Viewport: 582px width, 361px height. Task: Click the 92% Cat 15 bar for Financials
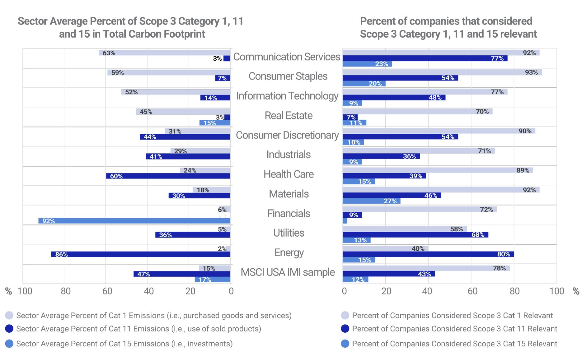tap(134, 221)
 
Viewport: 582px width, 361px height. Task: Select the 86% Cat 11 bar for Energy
tap(141, 254)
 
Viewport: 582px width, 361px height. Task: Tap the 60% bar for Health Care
tap(168, 176)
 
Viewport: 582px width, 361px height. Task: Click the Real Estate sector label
tap(289, 116)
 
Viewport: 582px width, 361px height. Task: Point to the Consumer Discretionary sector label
tap(287, 135)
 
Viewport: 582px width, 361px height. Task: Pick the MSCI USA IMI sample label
tap(288, 272)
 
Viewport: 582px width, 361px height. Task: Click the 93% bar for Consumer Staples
tap(442, 72)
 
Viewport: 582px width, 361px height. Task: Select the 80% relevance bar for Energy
tap(428, 254)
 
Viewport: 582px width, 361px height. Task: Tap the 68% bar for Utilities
tap(415, 235)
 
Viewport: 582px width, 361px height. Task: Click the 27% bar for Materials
tap(371, 201)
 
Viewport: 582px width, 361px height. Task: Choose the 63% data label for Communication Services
tap(109, 53)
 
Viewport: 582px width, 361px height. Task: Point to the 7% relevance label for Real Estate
tap(351, 117)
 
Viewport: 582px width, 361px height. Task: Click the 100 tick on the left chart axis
tap(25, 291)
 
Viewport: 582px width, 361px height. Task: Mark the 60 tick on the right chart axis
tap(472, 291)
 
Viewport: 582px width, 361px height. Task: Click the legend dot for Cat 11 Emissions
tap(9, 329)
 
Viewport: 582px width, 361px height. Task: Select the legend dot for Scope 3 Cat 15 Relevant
tap(345, 344)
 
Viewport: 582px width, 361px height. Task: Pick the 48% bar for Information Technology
tap(394, 98)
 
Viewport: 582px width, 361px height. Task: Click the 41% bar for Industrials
tap(188, 156)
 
